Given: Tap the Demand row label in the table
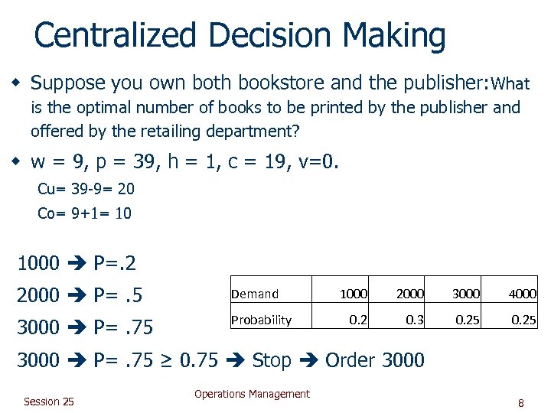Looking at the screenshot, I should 255,294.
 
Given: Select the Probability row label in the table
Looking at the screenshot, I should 261,320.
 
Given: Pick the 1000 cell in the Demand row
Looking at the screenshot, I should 353,294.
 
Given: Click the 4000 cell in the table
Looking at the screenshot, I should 522,294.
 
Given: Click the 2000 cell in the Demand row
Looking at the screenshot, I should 409,294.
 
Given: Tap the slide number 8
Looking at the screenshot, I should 520,402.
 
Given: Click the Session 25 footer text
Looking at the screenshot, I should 49,402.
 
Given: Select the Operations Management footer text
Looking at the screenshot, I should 252,394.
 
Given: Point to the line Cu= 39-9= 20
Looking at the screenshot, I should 86,189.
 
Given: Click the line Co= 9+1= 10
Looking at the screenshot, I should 84,213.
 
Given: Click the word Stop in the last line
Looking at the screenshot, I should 272,359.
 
